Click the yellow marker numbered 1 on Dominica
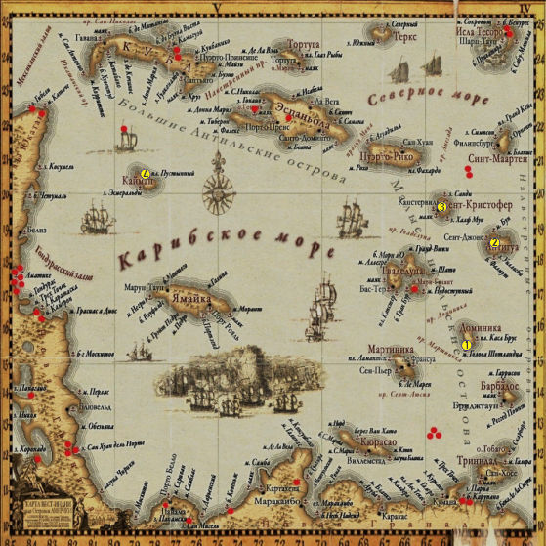point(466,344)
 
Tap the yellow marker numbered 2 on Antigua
point(494,243)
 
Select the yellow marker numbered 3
point(441,207)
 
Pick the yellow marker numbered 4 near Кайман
point(146,174)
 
